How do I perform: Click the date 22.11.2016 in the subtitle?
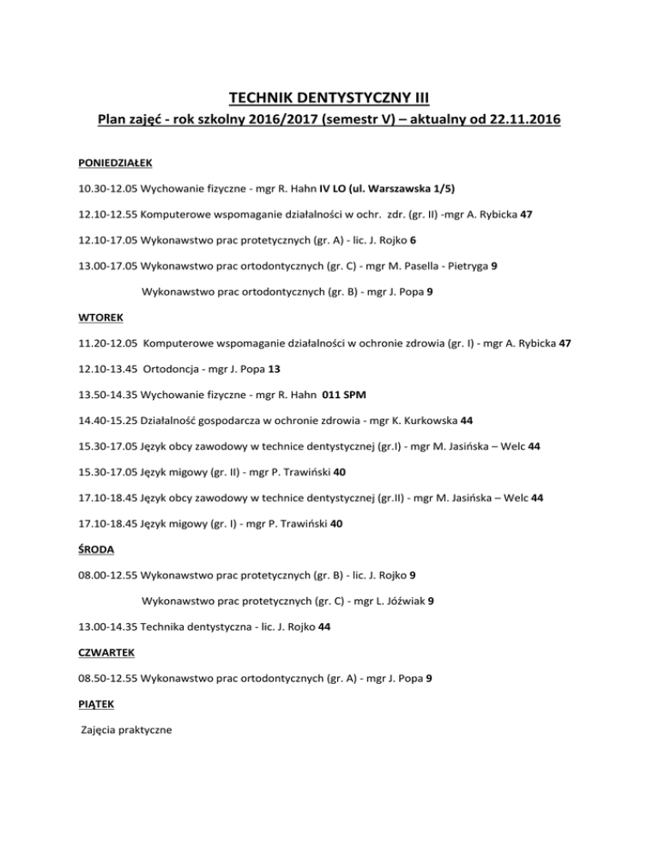click(517, 124)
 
